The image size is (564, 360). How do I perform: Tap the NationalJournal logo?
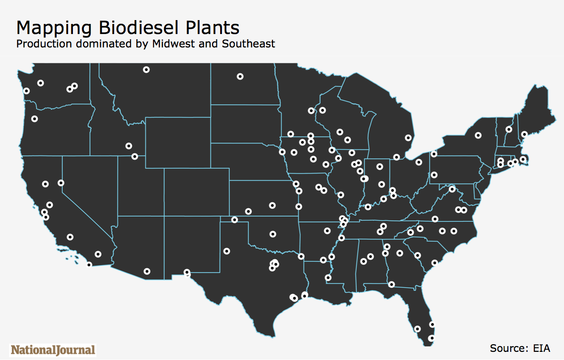pyautogui.click(x=53, y=350)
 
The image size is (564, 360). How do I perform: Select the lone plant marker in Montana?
pyautogui.click(x=146, y=70)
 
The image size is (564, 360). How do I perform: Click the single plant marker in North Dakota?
pyautogui.click(x=240, y=77)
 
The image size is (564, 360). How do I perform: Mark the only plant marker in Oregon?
pyautogui.click(x=35, y=119)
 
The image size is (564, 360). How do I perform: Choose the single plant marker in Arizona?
pyautogui.click(x=147, y=272)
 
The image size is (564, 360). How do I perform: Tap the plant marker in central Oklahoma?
pyautogui.click(x=273, y=234)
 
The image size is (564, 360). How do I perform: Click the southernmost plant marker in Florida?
pyautogui.click(x=431, y=338)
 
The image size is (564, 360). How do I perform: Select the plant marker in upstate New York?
pyautogui.click(x=478, y=136)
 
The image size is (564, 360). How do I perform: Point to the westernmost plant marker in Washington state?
pyautogui.click(x=26, y=91)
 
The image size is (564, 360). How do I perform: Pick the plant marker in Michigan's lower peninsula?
pyautogui.click(x=408, y=138)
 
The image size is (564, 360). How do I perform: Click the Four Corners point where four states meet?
pyautogui.click(x=164, y=216)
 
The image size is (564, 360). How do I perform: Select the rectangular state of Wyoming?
pyautogui.click(x=178, y=142)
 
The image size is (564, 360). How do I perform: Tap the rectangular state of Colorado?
pyautogui.click(x=197, y=192)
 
